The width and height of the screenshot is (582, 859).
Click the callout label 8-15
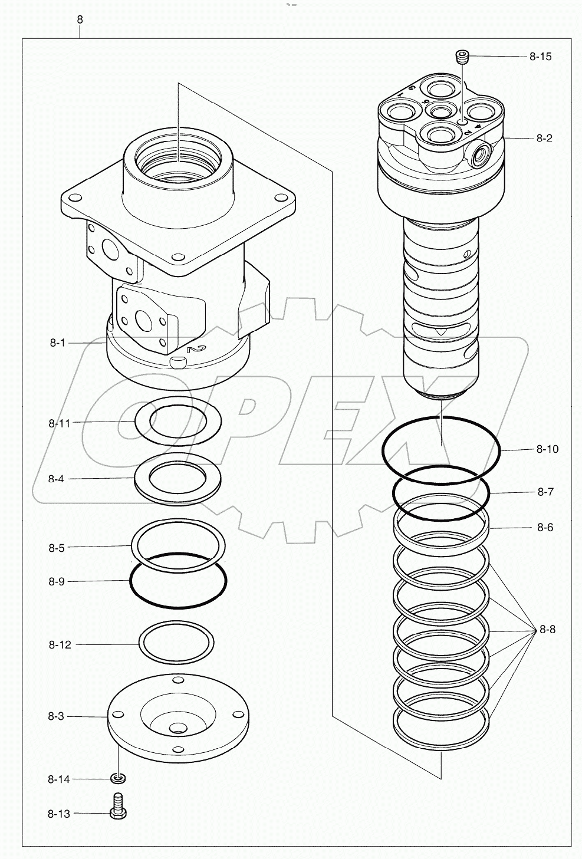[x=540, y=57]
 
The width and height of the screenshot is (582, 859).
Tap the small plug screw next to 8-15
[x=463, y=57]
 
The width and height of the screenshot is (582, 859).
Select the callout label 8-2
[x=544, y=138]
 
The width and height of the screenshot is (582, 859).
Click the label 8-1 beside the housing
[x=57, y=343]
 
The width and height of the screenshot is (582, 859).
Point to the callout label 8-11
[x=60, y=423]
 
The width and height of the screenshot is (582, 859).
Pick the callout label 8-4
[x=56, y=479]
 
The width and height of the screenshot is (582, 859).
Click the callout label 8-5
[x=56, y=548]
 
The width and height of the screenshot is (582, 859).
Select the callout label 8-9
[x=56, y=581]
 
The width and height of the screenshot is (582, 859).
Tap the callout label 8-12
[x=60, y=644]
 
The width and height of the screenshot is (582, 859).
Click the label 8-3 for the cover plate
[x=56, y=716]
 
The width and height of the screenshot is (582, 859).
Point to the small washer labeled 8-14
[x=119, y=779]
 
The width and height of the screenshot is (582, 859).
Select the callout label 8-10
[x=547, y=449]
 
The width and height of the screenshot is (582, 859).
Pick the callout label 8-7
[x=545, y=492]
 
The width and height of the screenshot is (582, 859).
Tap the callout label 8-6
[x=545, y=528]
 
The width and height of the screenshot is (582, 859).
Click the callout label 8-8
[x=547, y=629]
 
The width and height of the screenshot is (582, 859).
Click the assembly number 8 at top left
[x=80, y=19]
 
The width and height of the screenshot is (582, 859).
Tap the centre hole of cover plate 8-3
[x=176, y=728]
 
